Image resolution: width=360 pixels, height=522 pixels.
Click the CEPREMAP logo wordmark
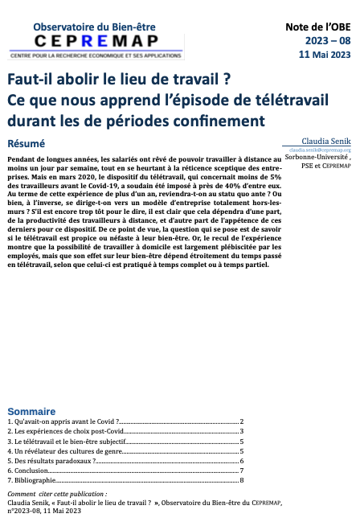click(x=84, y=42)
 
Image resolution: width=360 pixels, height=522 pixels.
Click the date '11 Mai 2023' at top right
click(x=325, y=55)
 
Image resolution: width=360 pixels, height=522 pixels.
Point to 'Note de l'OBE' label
click(x=319, y=27)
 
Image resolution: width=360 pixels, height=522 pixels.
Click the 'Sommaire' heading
click(x=31, y=409)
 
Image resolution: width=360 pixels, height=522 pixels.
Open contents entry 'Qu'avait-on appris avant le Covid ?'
click(x=63, y=421)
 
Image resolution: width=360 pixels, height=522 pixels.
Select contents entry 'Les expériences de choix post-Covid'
click(x=62, y=432)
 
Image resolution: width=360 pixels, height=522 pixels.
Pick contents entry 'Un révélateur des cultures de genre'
click(x=62, y=452)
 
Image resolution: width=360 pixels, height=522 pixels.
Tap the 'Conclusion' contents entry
click(x=31, y=471)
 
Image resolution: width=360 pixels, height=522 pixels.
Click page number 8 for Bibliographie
click(x=241, y=481)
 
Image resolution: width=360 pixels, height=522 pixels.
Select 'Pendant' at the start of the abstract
click(x=21, y=159)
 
